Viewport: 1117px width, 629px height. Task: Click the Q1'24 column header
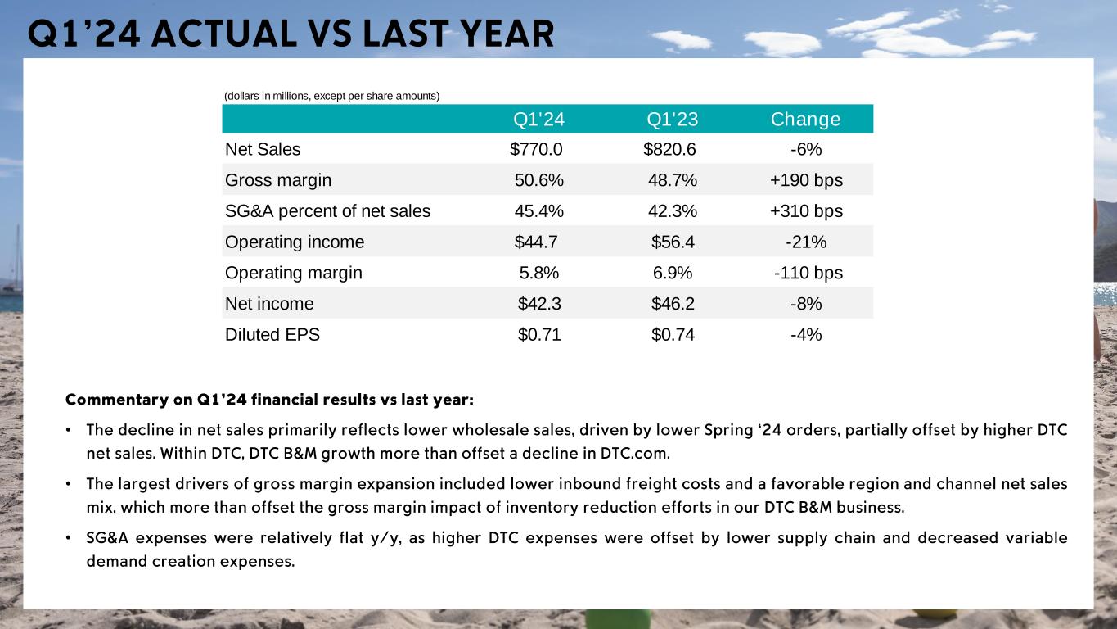[x=538, y=120]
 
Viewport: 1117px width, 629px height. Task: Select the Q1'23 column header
[x=672, y=120]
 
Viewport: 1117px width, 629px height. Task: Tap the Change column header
[x=805, y=120]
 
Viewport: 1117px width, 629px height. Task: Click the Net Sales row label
[x=263, y=149]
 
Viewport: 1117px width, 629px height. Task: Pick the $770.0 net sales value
[x=536, y=149]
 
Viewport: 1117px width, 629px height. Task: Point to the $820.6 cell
[x=670, y=149]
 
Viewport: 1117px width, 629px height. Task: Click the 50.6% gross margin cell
[x=538, y=180]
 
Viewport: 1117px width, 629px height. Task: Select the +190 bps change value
[x=805, y=180]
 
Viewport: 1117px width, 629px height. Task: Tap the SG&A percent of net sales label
[x=327, y=211]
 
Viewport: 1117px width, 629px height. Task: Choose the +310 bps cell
[x=805, y=211]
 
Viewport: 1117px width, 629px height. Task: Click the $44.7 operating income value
[x=536, y=242]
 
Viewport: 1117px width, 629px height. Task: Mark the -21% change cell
[x=805, y=242]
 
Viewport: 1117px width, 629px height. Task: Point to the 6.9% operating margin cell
[x=672, y=273]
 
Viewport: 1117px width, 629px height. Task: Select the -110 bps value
[x=808, y=273]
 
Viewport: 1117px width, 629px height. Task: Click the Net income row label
[x=269, y=304]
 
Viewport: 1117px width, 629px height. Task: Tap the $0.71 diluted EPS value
[x=539, y=335]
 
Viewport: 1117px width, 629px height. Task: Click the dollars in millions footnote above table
[x=331, y=96]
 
